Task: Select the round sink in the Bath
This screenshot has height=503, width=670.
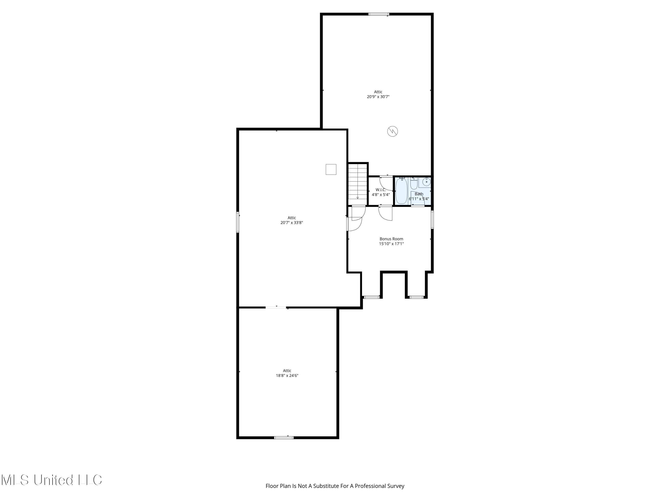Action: click(426, 182)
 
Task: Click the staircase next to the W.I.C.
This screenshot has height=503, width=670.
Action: click(358, 184)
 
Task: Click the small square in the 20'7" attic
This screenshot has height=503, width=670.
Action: click(331, 169)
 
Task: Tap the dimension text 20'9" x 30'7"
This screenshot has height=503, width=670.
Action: click(378, 97)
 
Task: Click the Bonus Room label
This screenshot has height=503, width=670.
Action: click(391, 239)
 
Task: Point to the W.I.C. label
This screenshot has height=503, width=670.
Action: click(381, 190)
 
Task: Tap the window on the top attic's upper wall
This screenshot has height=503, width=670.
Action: click(379, 14)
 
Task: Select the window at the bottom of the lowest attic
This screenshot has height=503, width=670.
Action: click(284, 437)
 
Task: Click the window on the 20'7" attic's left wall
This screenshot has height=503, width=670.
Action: click(238, 222)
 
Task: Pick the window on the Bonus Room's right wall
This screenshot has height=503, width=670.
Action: click(432, 220)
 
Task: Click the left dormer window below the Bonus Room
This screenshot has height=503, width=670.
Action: click(371, 297)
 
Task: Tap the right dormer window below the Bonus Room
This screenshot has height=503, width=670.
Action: click(417, 297)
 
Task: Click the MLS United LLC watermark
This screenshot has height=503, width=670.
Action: click(52, 480)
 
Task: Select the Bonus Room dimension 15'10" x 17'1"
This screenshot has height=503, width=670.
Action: click(391, 244)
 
